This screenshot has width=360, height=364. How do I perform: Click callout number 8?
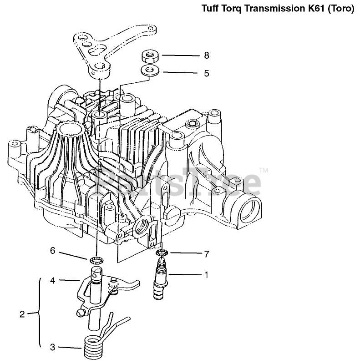click(206, 56)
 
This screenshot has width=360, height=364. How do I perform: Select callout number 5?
click(206, 73)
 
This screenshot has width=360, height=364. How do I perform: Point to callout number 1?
click(206, 275)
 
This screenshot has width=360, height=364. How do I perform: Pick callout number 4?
click(53, 281)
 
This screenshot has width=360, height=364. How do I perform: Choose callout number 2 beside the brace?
click(22, 313)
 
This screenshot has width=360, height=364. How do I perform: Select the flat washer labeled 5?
click(149, 71)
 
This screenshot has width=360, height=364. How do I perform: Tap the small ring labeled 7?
click(162, 253)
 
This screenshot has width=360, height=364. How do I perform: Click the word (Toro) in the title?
click(342, 9)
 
